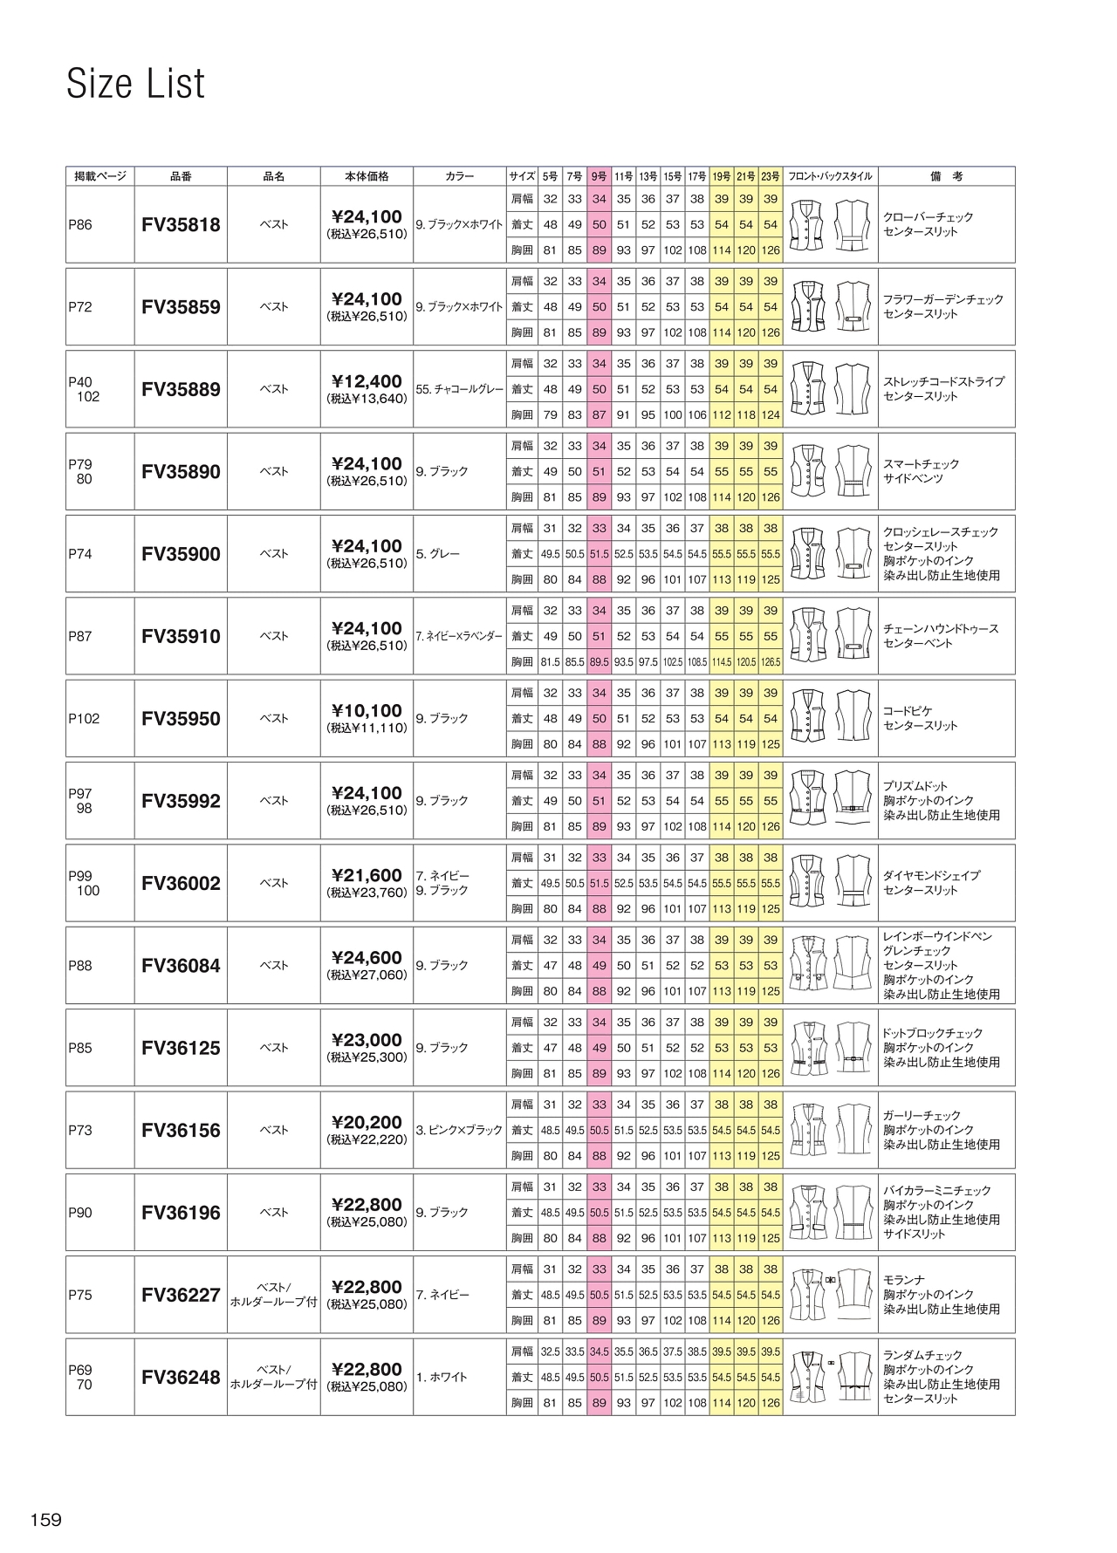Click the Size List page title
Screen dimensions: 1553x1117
tap(136, 84)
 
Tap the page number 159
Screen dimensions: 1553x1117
tap(46, 1520)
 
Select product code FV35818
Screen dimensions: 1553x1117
tap(181, 225)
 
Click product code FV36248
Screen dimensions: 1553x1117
tap(181, 1378)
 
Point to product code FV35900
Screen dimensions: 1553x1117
tap(181, 554)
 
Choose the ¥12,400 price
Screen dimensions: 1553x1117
tap(367, 381)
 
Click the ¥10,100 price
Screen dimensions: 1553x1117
tap(367, 711)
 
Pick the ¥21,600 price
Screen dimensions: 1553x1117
tap(367, 875)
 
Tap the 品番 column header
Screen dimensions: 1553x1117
tap(181, 176)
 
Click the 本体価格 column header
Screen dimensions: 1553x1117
tap(367, 176)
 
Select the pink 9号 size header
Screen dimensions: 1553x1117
tap(599, 176)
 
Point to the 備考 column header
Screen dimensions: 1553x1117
tap(946, 176)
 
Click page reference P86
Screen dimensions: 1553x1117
tap(80, 225)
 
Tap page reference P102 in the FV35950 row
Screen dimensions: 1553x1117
tap(85, 719)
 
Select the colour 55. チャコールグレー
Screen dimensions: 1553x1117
tap(460, 390)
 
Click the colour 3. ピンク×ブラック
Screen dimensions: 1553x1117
tap(460, 1131)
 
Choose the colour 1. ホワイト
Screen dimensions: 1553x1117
tap(442, 1378)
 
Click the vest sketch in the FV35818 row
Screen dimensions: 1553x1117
tap(830, 225)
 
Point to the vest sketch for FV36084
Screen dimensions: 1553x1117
tap(830, 966)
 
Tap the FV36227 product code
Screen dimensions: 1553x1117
tap(181, 1296)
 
